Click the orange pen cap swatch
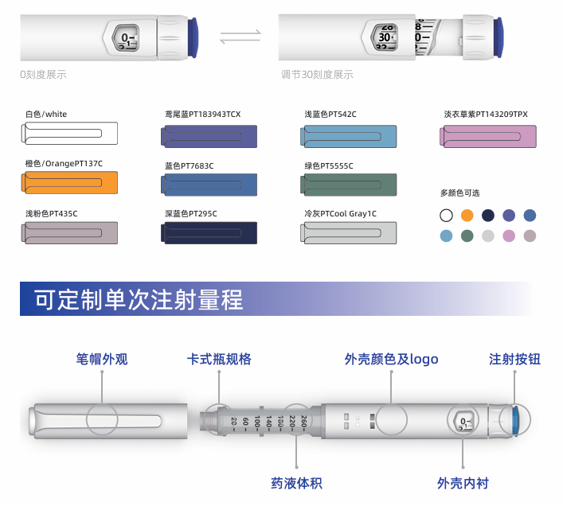(69, 182)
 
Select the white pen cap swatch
(69, 134)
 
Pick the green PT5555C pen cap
(348, 185)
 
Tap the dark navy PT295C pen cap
(209, 233)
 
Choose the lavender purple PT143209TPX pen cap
(488, 136)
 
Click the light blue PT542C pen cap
(348, 136)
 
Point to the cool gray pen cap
(348, 233)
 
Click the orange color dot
(467, 216)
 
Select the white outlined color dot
(446, 216)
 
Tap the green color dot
(467, 236)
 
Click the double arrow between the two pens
(240, 37)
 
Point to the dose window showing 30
(385, 37)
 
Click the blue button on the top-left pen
(193, 37)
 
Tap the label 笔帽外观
(102, 359)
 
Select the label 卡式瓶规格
(219, 359)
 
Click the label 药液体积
(296, 483)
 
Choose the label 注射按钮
(514, 359)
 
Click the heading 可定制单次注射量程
(139, 299)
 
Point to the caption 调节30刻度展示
(317, 75)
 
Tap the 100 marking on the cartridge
(256, 422)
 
